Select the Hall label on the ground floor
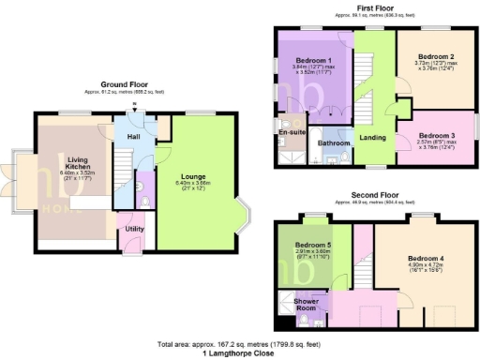click(133, 139)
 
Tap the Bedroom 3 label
click(432, 136)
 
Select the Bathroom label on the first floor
click(333, 143)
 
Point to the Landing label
click(372, 138)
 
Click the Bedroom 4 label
click(427, 257)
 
